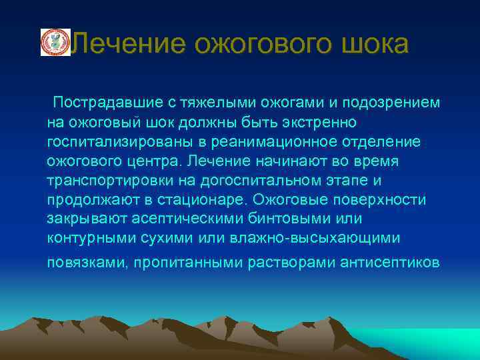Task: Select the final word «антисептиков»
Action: (x=380, y=262)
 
